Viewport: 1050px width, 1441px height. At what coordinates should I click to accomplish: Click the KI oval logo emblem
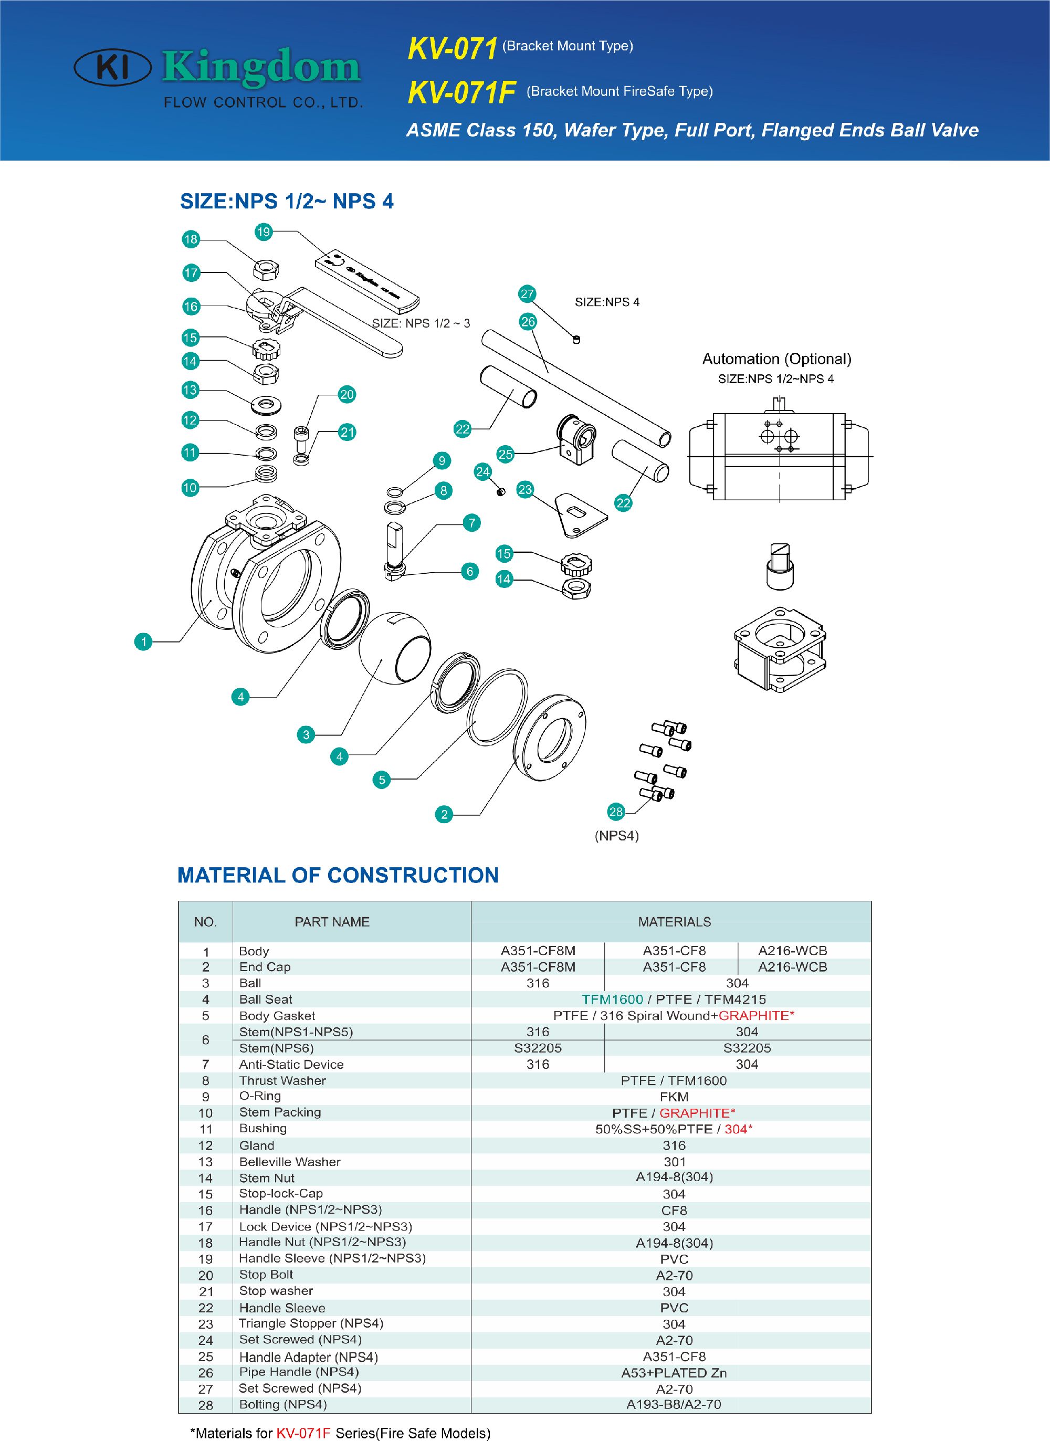point(112,68)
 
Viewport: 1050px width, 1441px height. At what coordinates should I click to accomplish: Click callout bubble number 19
point(263,232)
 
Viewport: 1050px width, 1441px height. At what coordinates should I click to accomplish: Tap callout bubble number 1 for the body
point(144,641)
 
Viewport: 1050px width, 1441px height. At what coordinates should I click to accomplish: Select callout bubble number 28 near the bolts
point(616,812)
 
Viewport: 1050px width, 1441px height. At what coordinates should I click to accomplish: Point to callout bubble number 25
point(505,454)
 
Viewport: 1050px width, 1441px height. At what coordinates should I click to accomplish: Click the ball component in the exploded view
point(394,648)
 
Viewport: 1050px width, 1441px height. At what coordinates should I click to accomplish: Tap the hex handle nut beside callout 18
point(266,270)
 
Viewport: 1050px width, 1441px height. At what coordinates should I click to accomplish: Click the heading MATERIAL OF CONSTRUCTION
point(338,875)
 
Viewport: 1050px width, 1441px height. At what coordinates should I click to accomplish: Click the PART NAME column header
point(332,922)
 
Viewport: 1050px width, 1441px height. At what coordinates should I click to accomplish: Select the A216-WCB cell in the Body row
point(793,951)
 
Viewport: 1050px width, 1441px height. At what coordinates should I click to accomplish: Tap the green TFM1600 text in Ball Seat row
point(612,1000)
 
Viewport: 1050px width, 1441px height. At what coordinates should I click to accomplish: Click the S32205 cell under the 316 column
point(538,1048)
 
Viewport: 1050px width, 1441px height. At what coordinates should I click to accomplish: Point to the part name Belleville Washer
point(290,1161)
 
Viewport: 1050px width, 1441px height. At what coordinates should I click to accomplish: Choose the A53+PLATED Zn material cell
point(674,1373)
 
